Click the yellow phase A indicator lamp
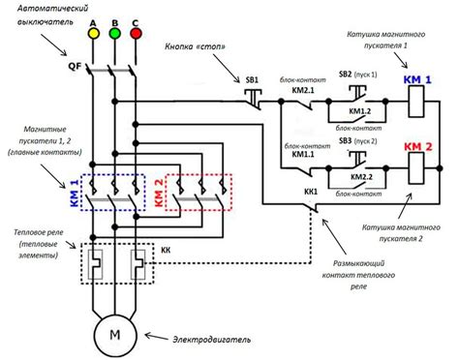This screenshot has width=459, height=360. click(x=94, y=32)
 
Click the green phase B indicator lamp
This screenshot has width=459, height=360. click(x=115, y=32)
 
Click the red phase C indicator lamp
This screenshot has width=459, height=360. click(x=136, y=32)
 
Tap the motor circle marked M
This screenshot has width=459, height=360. click(x=114, y=335)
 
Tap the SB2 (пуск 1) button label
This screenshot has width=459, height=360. click(x=358, y=74)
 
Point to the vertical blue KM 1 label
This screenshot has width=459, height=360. click(x=76, y=192)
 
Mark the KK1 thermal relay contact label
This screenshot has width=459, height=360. click(x=312, y=192)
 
